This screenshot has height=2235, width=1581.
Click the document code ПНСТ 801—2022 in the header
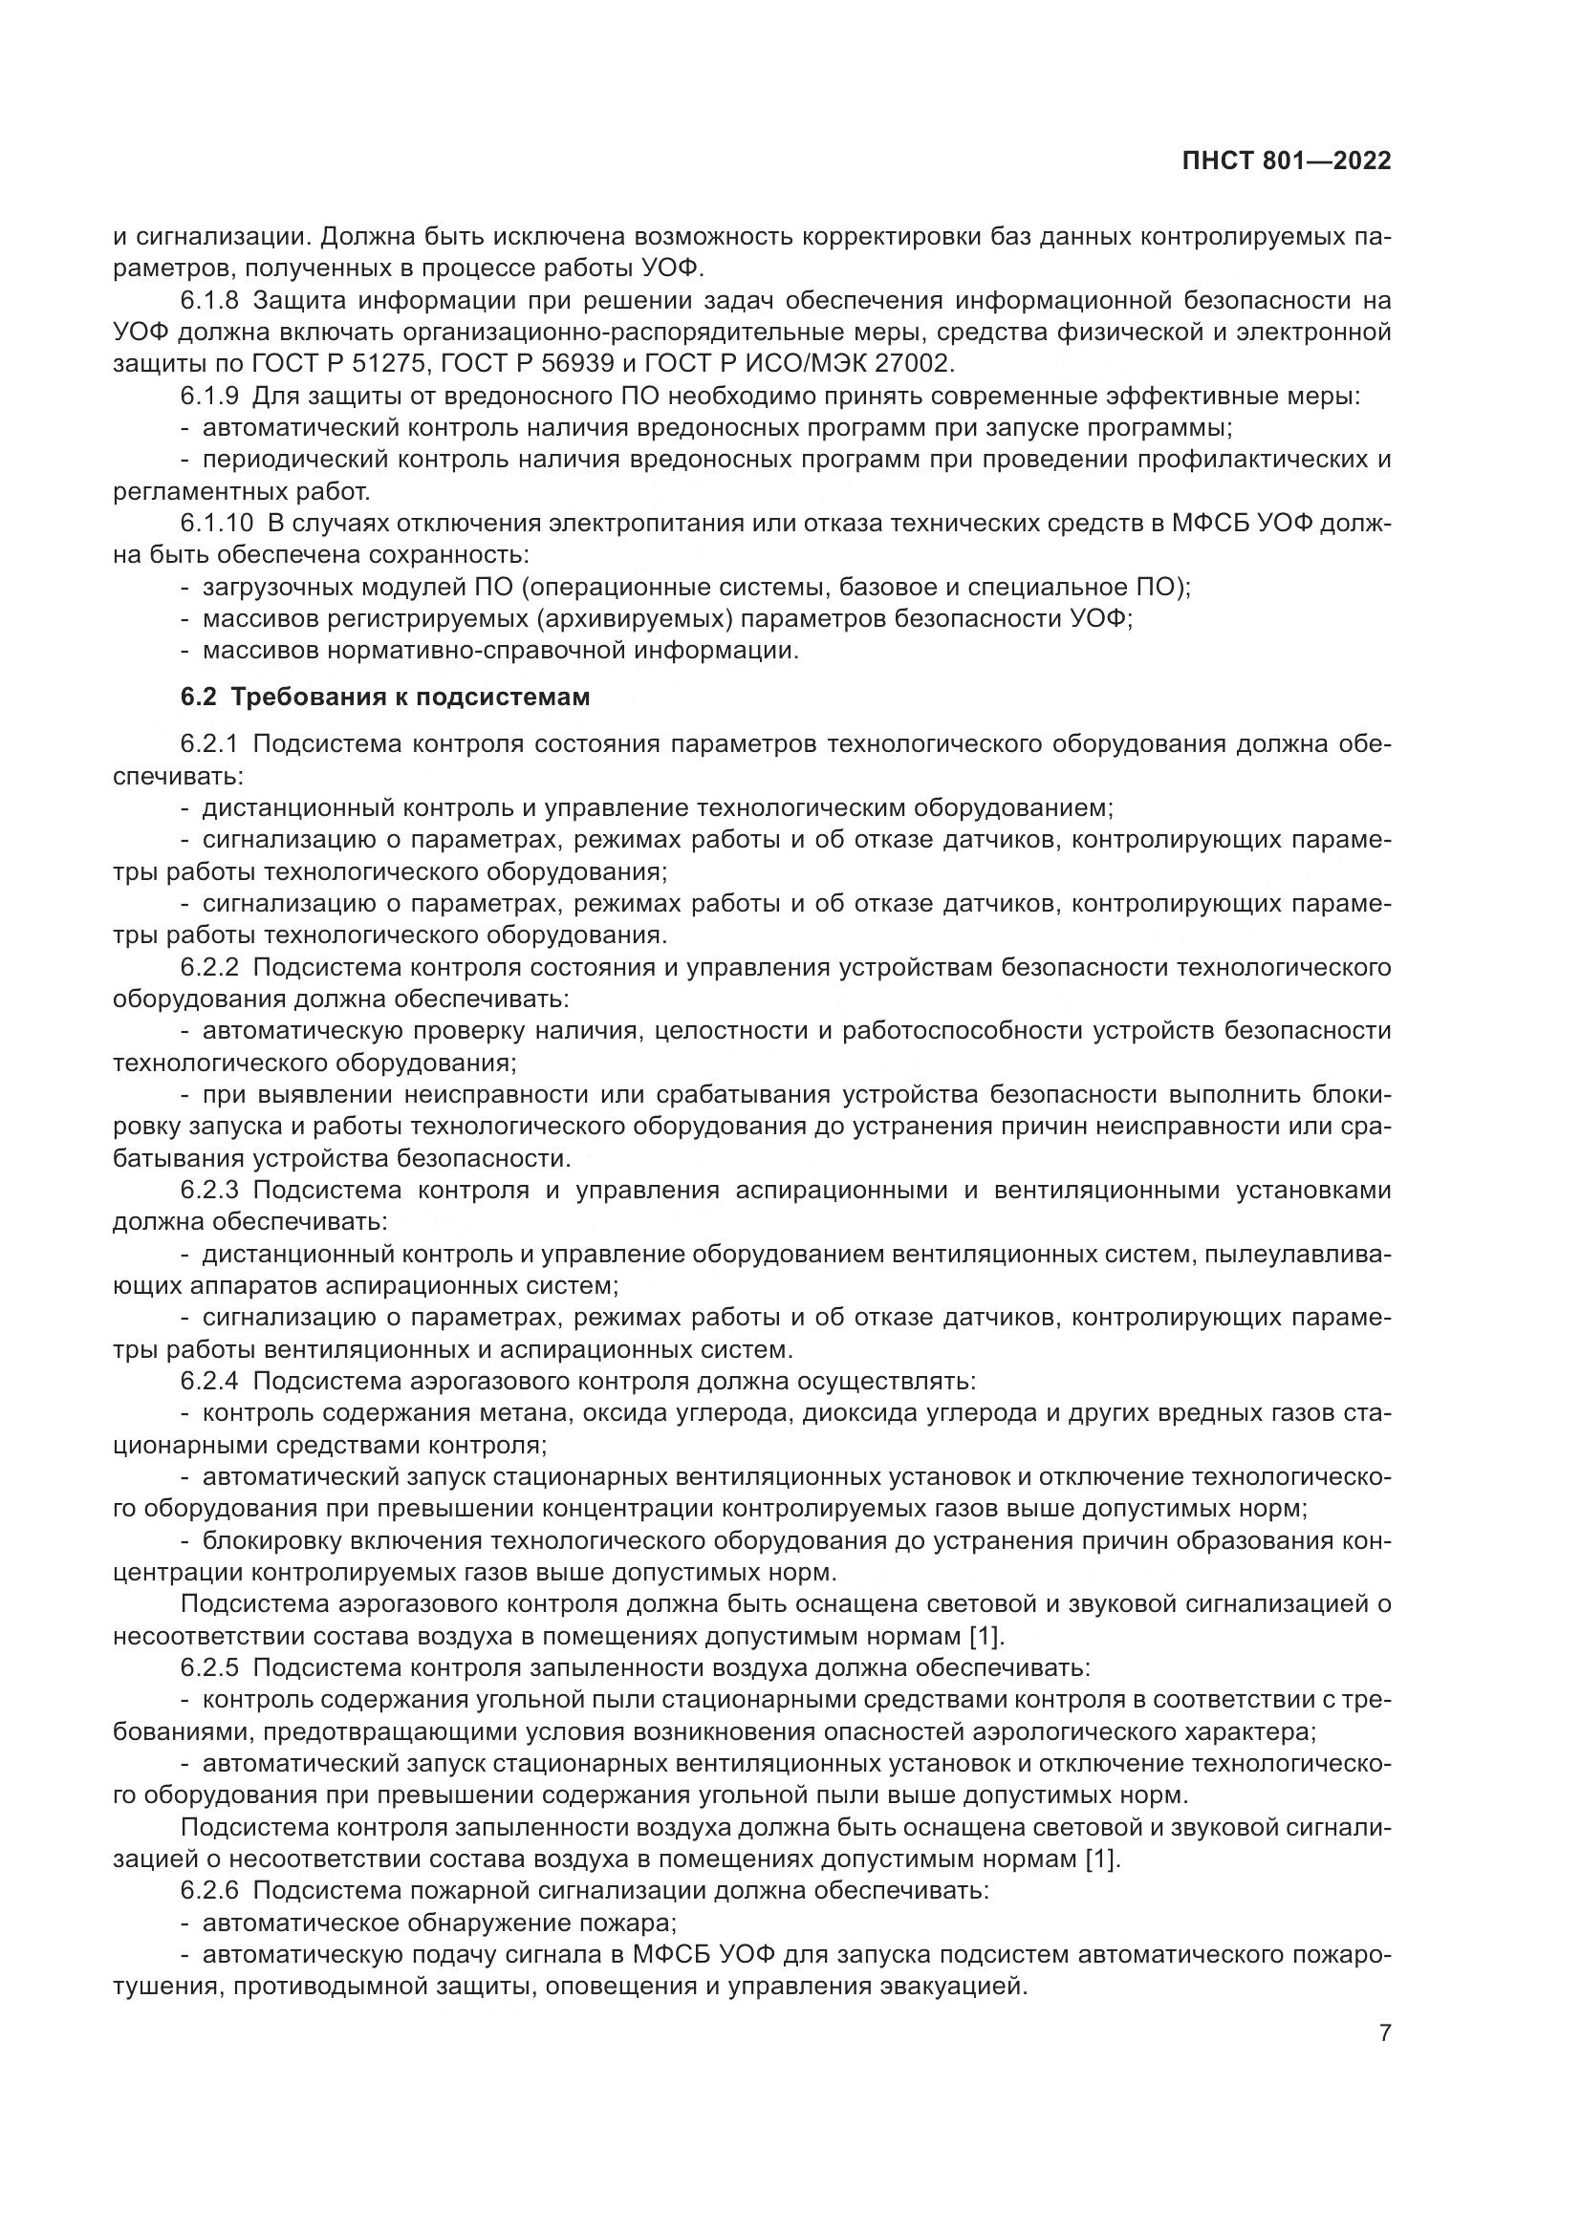(1286, 161)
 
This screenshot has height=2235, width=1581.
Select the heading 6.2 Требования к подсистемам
(385, 698)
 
